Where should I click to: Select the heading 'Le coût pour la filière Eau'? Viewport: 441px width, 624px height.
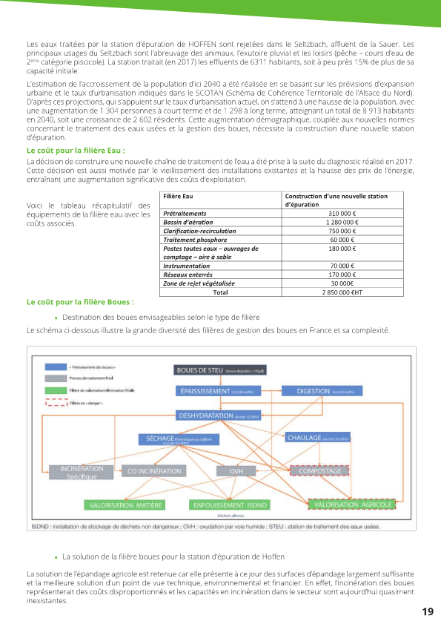coord(75,151)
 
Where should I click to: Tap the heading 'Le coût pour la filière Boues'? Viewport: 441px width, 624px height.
coord(80,302)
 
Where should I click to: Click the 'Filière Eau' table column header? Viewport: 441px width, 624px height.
coord(178,197)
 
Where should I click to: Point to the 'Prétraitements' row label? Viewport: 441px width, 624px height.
coord(185,213)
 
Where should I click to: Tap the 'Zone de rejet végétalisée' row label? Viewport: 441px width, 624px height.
coord(199,283)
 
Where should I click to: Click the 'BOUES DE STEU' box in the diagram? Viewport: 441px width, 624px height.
coord(219,370)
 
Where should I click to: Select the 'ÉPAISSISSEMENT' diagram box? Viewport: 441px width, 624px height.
coord(219,391)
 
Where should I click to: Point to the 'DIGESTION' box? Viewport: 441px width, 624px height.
coord(329,391)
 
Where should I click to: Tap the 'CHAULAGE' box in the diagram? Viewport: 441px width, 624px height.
coord(317,438)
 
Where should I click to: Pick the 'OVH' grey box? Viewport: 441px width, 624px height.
coord(236,471)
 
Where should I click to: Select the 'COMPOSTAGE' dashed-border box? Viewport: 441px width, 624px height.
coord(320,471)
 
